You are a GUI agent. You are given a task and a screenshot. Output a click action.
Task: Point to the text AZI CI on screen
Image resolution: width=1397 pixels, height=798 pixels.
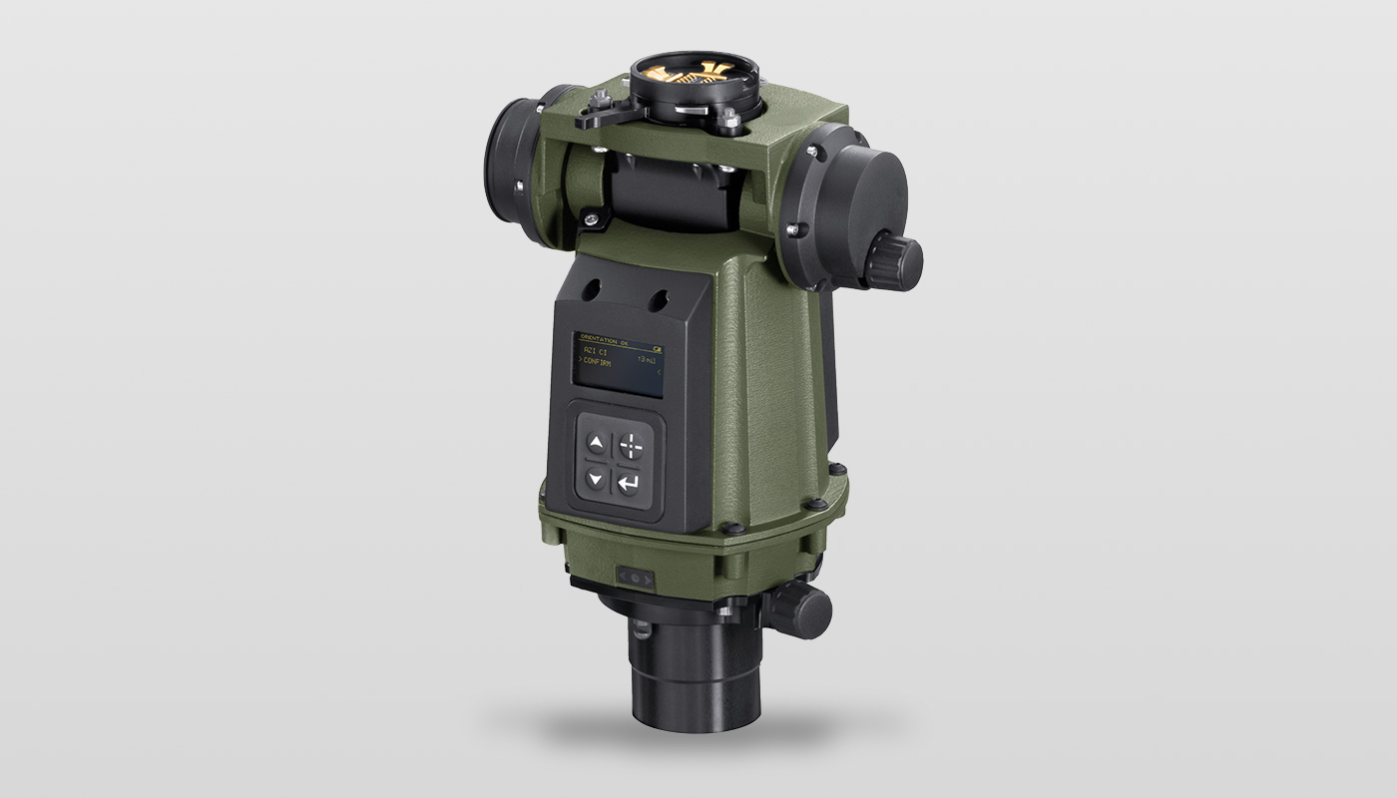pyautogui.click(x=597, y=350)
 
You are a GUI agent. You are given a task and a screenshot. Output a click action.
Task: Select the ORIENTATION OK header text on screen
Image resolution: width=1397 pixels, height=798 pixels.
pyautogui.click(x=609, y=339)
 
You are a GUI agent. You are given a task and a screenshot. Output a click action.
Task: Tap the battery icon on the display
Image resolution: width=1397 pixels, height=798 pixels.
pyautogui.click(x=658, y=340)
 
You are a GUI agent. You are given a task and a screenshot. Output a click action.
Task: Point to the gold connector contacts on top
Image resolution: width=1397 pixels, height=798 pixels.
pyautogui.click(x=695, y=73)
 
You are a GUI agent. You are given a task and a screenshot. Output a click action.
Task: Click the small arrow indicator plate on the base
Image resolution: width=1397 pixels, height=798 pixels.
pyautogui.click(x=636, y=578)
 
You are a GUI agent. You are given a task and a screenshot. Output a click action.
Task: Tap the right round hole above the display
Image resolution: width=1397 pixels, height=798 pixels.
pyautogui.click(x=658, y=298)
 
